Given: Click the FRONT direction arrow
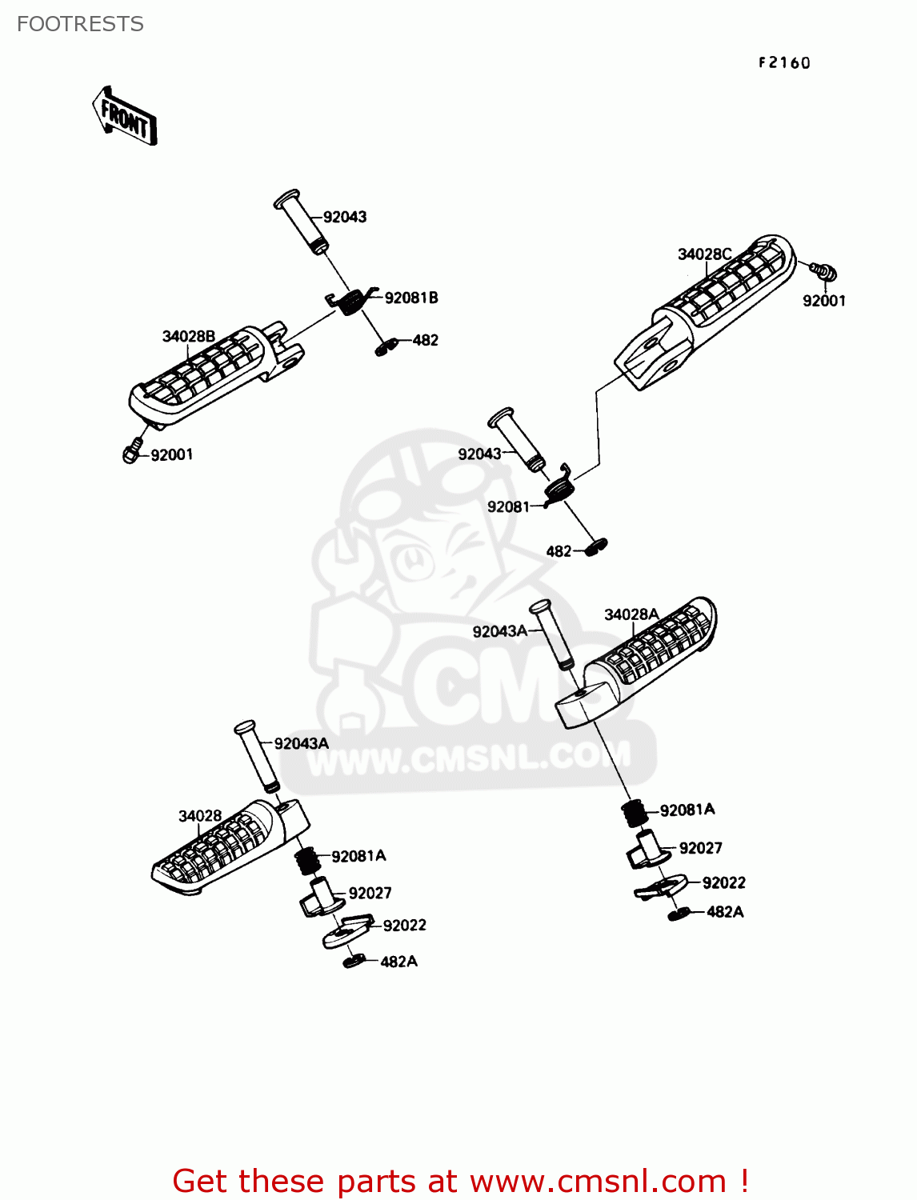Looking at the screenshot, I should point(125,117).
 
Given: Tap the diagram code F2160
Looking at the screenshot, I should point(784,63).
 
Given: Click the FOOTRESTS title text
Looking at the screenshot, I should point(80,24).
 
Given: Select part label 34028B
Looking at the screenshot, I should point(188,336).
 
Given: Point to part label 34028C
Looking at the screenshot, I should point(704,254).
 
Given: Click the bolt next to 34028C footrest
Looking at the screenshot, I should point(824,272).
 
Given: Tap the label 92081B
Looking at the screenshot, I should point(410,298).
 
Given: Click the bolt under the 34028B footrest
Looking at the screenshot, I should point(133,452).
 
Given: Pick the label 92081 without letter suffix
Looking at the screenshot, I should point(508,506).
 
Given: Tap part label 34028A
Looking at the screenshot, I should point(631,614).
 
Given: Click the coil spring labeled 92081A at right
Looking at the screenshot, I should point(635,813).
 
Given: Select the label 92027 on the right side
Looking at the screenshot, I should point(700,848).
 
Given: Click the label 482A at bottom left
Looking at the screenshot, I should point(398,962).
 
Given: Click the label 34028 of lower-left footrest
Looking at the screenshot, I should point(199,816).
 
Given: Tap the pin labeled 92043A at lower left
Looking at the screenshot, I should point(256,756).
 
